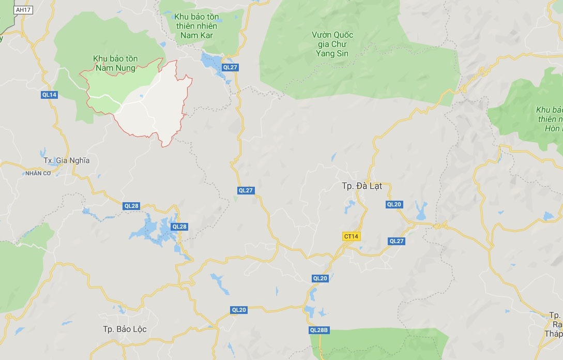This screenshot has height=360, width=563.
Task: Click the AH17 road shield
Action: coord(21,10)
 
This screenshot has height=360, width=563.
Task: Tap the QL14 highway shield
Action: coord(50,95)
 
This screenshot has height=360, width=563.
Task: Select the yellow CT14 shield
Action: coord(351,236)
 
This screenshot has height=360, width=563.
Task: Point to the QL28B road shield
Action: coord(319,330)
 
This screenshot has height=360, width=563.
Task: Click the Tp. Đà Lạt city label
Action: coord(362,186)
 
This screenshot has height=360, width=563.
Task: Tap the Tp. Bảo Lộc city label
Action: coord(125,329)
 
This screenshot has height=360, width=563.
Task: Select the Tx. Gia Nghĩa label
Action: coord(67,160)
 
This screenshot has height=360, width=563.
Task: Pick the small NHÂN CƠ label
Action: coord(38,173)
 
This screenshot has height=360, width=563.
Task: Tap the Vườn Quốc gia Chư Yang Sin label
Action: coord(332,44)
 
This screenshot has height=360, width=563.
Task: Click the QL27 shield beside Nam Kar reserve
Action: coord(230,67)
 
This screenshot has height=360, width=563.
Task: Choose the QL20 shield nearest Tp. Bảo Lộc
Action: coord(239,310)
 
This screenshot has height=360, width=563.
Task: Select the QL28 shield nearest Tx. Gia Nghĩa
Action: coord(131,206)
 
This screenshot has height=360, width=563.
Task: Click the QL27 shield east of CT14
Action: coord(397,241)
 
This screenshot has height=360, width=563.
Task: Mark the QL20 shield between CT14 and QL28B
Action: coord(320,278)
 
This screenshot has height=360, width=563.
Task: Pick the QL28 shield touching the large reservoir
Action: coord(179,227)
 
